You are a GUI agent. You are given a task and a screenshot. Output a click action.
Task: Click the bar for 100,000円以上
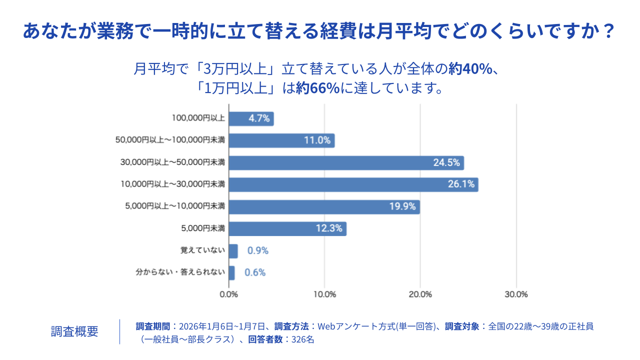(x=251, y=118)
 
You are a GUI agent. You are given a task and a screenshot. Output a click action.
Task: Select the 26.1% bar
(x=353, y=184)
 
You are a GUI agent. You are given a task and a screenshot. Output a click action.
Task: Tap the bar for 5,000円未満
(x=287, y=228)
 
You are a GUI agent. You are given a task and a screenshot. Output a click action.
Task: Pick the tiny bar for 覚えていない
(x=233, y=251)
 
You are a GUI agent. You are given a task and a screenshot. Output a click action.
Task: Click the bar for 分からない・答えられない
(x=232, y=273)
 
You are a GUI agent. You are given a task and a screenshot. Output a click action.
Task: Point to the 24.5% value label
(x=446, y=162)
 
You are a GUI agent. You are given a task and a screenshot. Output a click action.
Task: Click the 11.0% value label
(x=317, y=140)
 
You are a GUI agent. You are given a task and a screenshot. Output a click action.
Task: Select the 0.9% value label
(x=258, y=251)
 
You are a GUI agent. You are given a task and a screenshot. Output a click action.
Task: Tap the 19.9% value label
(x=402, y=206)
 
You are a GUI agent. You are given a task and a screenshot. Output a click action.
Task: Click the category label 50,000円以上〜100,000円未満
(x=170, y=140)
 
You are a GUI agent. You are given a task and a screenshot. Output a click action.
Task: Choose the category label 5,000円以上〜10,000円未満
(x=174, y=206)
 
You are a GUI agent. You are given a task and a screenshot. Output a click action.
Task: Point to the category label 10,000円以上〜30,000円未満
(x=172, y=184)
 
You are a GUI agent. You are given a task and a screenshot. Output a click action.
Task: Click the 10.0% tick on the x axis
(x=324, y=294)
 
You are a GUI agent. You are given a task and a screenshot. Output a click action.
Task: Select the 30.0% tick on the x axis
(x=516, y=294)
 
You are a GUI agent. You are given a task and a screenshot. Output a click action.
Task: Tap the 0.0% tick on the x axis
(x=229, y=294)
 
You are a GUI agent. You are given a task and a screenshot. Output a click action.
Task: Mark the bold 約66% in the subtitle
(x=317, y=88)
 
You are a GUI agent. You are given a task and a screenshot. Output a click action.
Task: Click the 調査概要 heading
(x=74, y=331)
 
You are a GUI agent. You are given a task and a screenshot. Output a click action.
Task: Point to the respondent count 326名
(x=302, y=339)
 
